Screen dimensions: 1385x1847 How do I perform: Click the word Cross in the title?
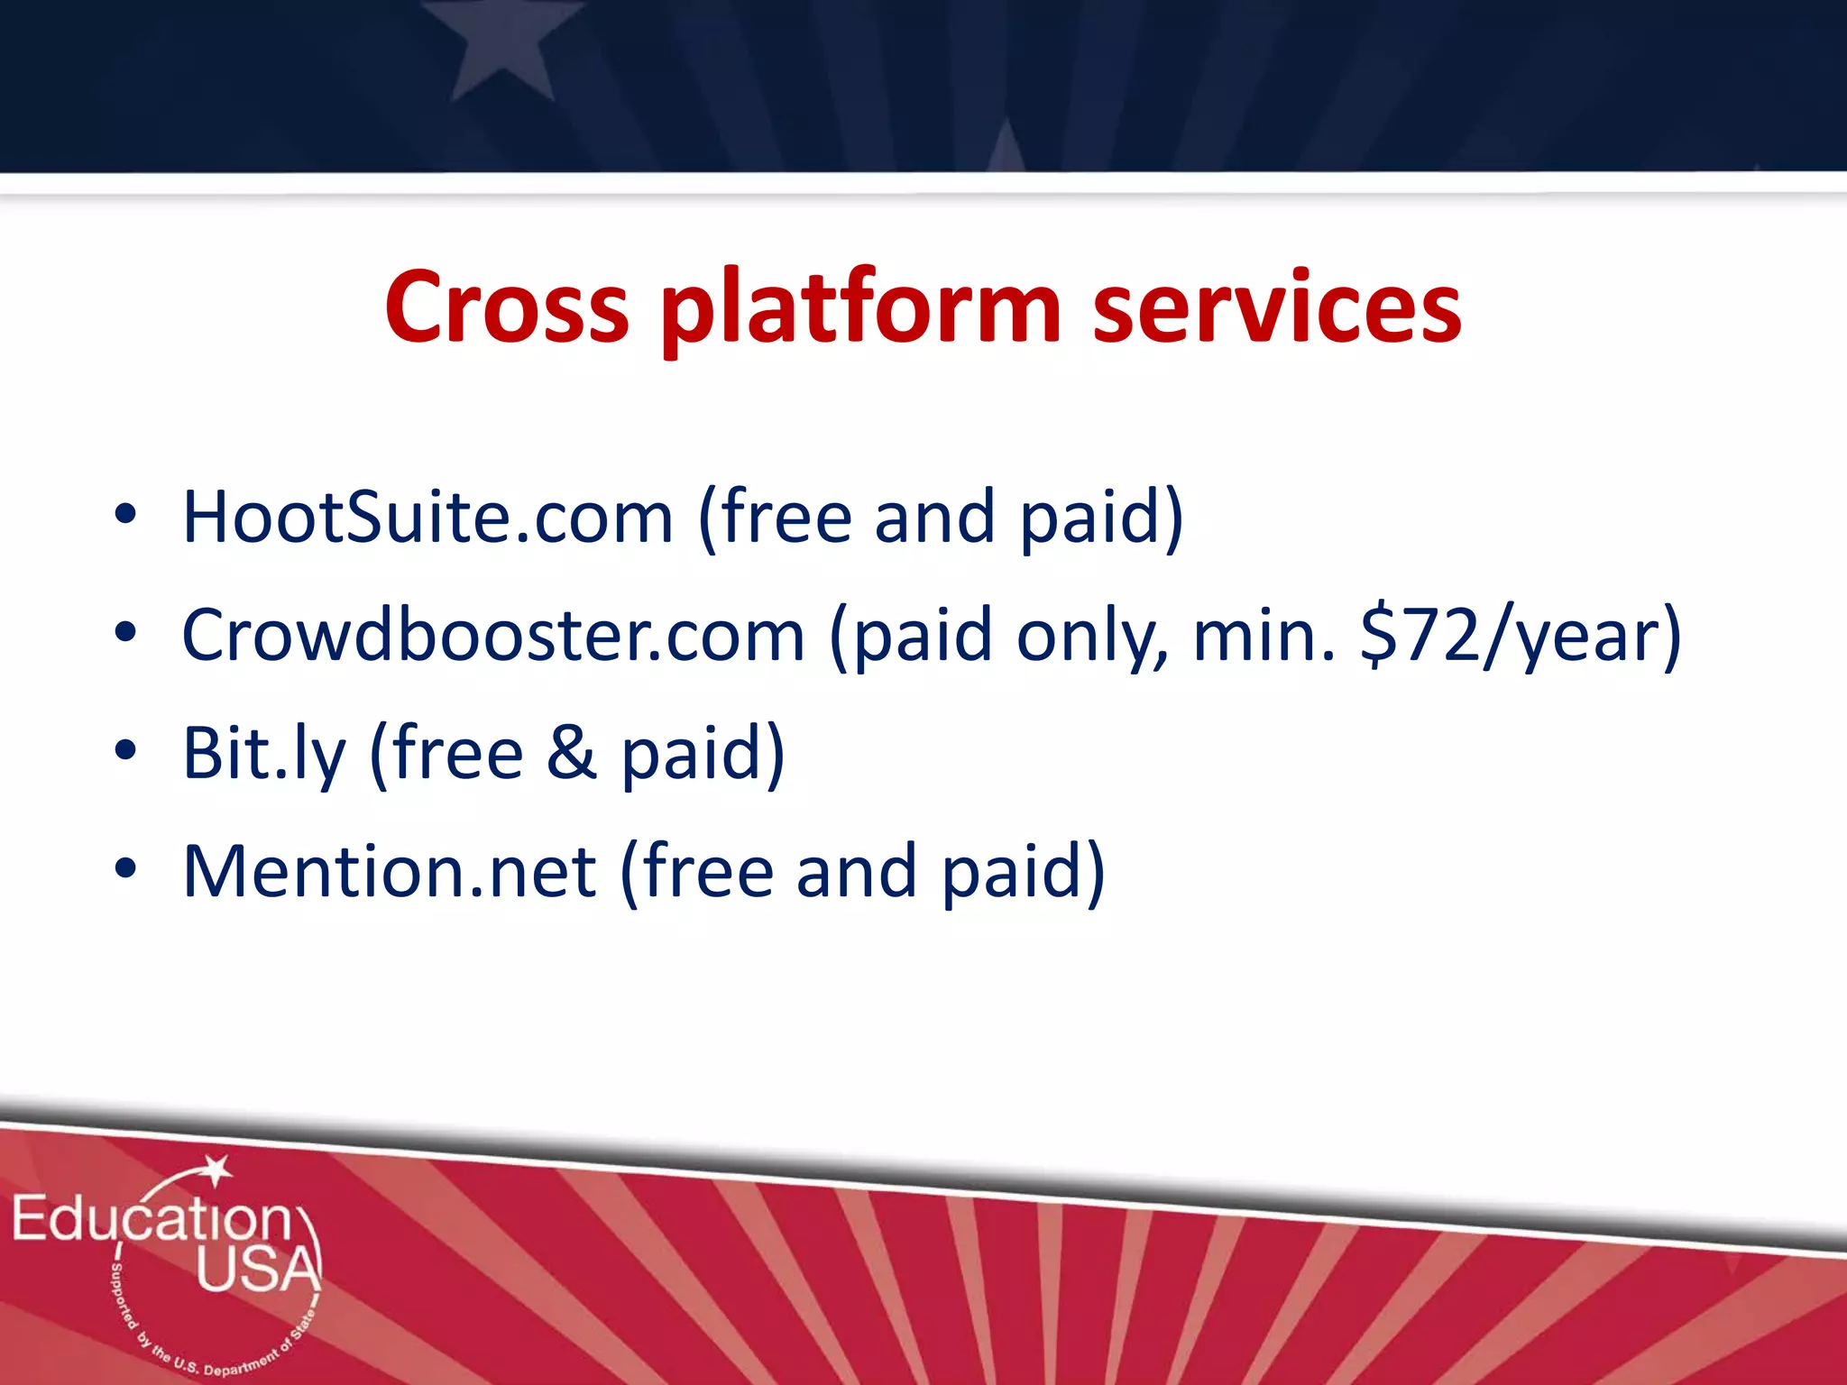[x=506, y=308]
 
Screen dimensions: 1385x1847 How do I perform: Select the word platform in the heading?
[x=860, y=308]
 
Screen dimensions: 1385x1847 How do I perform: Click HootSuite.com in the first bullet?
[x=427, y=518]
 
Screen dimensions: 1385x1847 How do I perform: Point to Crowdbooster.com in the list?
[x=492, y=636]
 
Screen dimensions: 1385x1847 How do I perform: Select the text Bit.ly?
[x=263, y=754]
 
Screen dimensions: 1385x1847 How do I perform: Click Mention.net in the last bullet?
[x=389, y=872]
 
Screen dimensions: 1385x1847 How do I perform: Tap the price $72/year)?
[x=1521, y=636]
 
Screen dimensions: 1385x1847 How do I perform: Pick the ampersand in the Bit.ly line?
[x=571, y=754]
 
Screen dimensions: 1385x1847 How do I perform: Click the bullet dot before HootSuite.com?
[x=125, y=515]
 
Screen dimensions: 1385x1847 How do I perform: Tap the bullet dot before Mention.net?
[x=125, y=869]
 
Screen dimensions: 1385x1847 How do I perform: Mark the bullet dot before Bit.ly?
[x=125, y=750]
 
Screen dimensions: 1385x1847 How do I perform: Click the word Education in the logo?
[x=152, y=1219]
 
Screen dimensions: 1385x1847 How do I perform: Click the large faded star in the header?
[x=501, y=45]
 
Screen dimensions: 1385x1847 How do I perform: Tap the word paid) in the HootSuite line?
[x=1101, y=518]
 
